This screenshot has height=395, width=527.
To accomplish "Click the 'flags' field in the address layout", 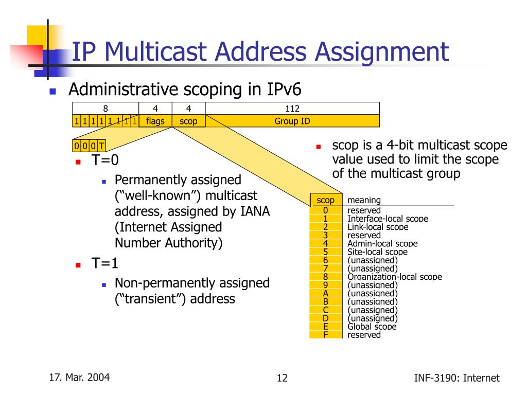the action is tap(155, 121).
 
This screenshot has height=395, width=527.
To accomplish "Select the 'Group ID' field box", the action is tap(292, 121).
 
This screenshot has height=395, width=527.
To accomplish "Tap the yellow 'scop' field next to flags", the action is tap(188, 121).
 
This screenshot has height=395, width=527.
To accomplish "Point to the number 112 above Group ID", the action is tap(292, 109).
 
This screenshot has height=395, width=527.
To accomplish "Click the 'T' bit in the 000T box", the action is tap(101, 146).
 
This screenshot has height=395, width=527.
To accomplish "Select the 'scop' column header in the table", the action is tap(325, 200).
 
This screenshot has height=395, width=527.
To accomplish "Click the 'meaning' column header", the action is tap(364, 200).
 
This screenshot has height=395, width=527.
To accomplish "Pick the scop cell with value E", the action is tap(325, 327).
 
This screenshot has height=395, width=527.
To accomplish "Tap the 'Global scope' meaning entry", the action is tap(372, 327).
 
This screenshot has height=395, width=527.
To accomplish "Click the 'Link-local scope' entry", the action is tap(378, 227).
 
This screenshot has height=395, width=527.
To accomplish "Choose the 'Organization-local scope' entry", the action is tap(395, 277).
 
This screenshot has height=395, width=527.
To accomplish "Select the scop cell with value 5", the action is tap(325, 252).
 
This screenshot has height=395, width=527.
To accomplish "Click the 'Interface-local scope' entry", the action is tap(388, 219).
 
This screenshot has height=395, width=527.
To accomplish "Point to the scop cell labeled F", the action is tap(325, 335).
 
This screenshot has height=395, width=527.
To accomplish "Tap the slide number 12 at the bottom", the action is tap(282, 379).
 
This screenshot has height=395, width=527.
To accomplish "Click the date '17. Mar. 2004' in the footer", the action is tap(79, 378).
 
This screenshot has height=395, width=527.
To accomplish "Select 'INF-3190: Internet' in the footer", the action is tap(456, 379).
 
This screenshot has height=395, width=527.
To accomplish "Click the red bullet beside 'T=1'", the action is tap(78, 265).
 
